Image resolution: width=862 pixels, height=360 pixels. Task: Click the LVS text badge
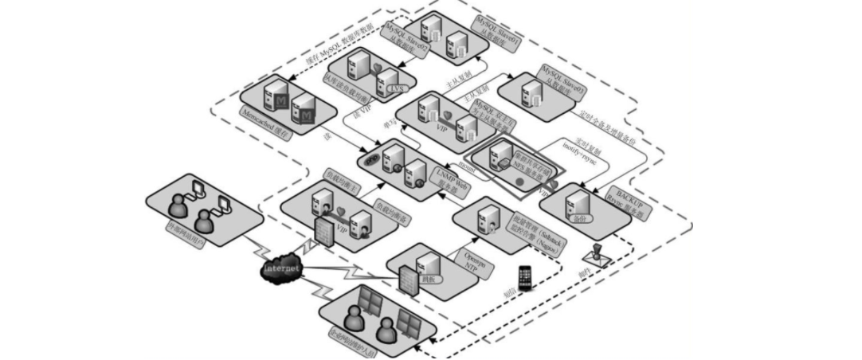click(x=395, y=88)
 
